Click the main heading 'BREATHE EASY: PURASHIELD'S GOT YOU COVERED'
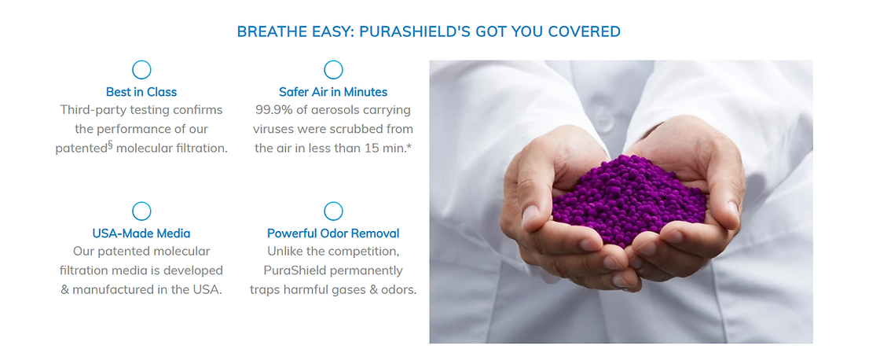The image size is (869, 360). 428,31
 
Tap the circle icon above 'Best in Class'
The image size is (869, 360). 142,62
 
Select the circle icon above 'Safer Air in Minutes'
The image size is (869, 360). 333,62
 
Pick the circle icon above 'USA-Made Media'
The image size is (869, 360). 142,204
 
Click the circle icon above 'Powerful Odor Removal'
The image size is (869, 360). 333,204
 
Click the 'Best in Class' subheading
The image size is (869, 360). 141,92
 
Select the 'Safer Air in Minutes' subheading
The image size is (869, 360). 333,92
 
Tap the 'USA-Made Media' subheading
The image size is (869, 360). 141,233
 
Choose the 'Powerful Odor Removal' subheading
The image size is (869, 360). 333,233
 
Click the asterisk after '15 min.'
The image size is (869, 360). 409,147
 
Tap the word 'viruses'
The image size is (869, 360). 273,129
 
